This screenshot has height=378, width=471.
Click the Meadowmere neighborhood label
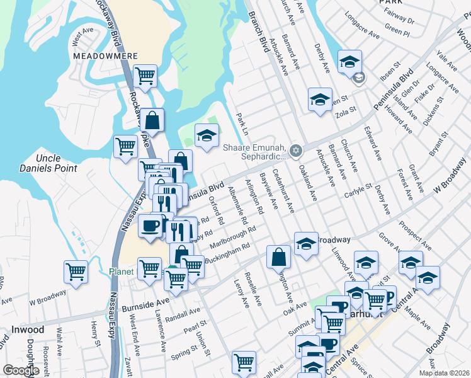[x=96, y=55]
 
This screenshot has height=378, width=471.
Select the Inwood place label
[x=28, y=329]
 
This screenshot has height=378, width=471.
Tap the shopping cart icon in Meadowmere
[x=145, y=76]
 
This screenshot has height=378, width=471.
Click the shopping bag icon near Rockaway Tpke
[x=152, y=119]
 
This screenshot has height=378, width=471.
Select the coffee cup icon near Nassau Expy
[x=150, y=226]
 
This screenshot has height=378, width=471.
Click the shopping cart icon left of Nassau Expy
[x=76, y=272]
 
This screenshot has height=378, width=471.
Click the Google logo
[x=21, y=370]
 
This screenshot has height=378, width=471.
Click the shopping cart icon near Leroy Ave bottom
[x=243, y=362]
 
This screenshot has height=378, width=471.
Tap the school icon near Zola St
[x=320, y=100]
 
